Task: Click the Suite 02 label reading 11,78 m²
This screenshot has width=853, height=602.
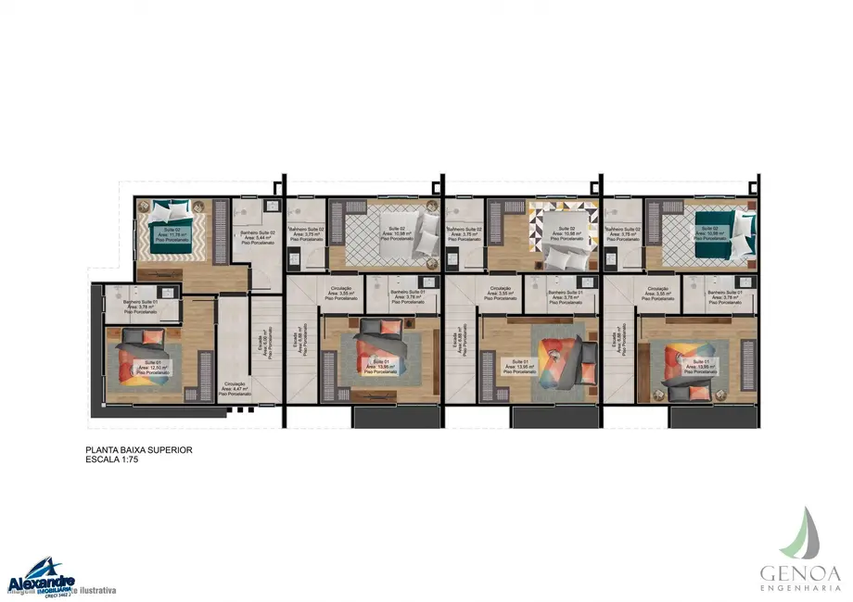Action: pyautogui.click(x=173, y=234)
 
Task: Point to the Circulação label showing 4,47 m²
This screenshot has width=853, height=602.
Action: pyautogui.click(x=233, y=388)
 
